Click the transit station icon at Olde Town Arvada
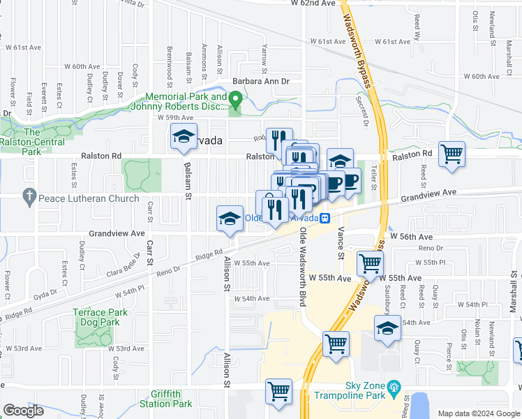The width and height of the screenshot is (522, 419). [326, 218]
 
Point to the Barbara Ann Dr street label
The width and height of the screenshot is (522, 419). [260, 82]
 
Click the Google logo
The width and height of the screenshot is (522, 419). [24, 411]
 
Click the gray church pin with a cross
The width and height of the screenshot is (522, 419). [29, 198]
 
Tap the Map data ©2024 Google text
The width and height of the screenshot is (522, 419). [478, 413]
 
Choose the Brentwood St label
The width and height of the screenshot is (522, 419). [170, 63]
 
